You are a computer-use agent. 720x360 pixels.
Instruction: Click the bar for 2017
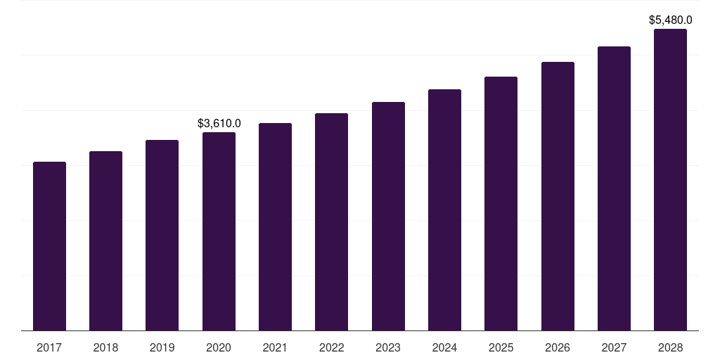coord(49,246)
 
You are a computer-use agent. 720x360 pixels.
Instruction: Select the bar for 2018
coord(105,240)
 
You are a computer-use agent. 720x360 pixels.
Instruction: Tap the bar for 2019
coord(162,235)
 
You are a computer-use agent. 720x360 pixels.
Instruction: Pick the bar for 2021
coord(275,226)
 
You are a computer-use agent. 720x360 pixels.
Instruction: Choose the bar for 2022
coord(331,221)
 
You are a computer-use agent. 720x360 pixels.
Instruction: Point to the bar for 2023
coord(388,216)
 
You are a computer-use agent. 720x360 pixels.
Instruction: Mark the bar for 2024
coord(444,210)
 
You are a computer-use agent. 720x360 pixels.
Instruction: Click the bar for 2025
coord(501,203)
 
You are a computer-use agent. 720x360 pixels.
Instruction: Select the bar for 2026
coord(558,196)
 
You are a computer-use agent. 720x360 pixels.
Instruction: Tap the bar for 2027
coord(614,188)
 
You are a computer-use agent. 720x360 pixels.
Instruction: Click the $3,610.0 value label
coord(219,124)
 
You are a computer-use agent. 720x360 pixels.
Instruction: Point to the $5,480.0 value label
coord(670,20)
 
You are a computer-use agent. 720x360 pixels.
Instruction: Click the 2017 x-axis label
coord(49,347)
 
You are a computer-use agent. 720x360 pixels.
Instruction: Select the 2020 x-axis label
coord(219,347)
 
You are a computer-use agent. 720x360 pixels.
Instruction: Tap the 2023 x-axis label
coord(388,347)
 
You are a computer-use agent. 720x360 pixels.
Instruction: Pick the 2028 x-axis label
coord(670,347)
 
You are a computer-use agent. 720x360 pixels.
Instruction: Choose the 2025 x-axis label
coord(501,347)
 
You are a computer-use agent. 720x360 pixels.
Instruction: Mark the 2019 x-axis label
coord(162,347)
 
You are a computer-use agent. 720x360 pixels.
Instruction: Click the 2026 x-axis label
coord(558,347)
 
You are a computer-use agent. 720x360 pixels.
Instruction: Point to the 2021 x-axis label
coord(275,347)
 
